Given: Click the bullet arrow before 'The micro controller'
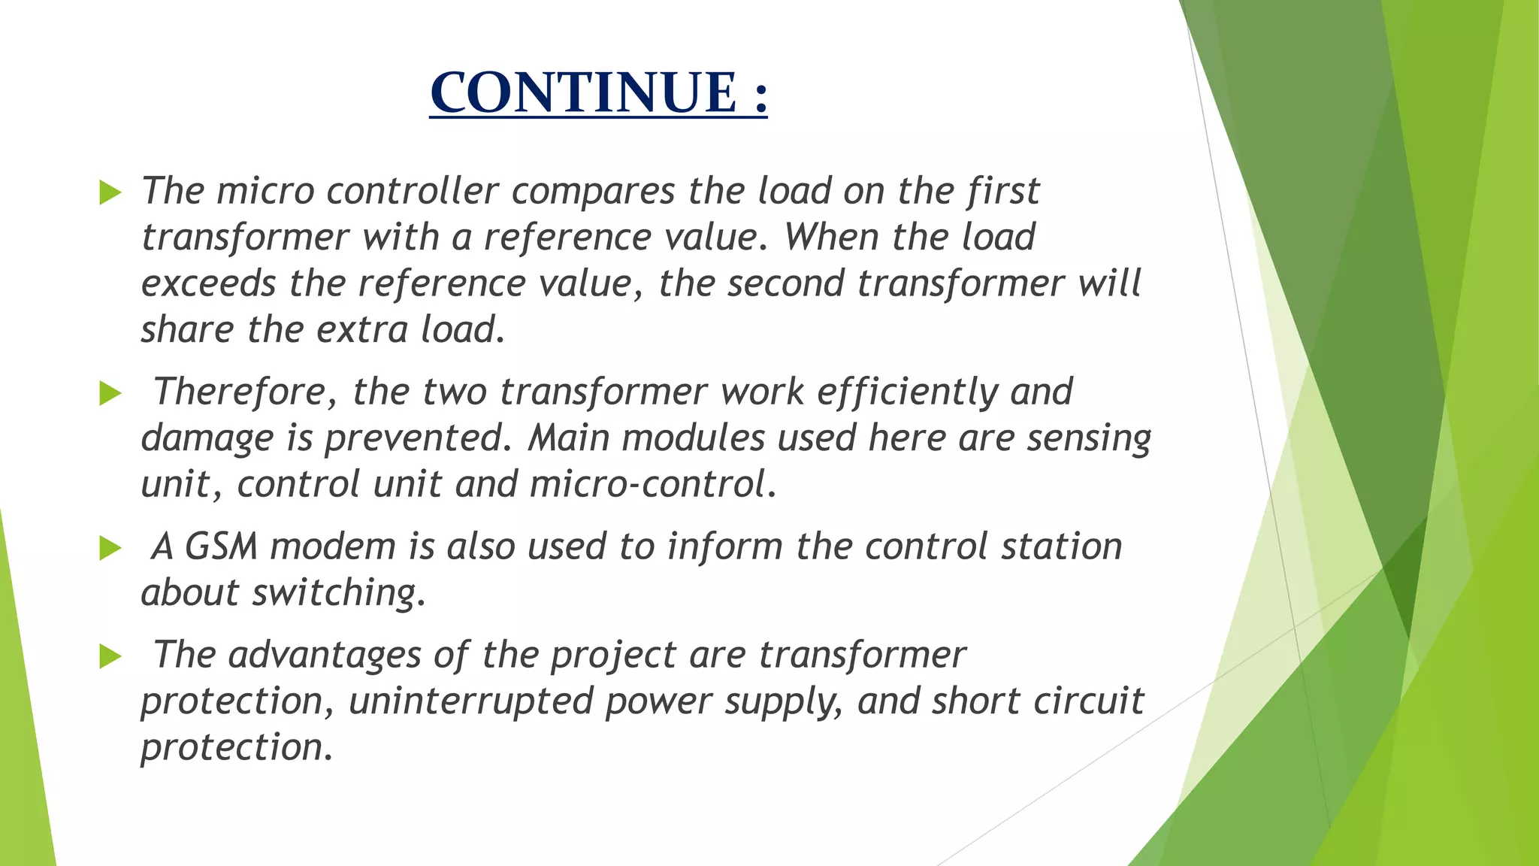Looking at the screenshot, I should click(x=110, y=192).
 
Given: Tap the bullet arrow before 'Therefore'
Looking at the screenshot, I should click(x=110, y=392).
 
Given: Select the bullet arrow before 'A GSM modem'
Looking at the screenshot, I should click(x=110, y=548).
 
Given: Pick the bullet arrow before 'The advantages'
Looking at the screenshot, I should click(x=110, y=656).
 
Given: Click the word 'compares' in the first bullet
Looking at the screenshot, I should click(x=594, y=192).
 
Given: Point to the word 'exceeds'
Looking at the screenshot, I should click(x=208, y=283).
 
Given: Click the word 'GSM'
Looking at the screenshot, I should click(x=222, y=547).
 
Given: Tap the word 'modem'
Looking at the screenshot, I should click(x=333, y=547).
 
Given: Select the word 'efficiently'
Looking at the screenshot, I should click(x=907, y=392).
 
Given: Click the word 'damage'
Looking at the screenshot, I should click(x=207, y=439).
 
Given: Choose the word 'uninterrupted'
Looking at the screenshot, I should click(x=470, y=701).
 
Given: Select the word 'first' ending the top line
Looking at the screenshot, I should click(x=1003, y=192).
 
